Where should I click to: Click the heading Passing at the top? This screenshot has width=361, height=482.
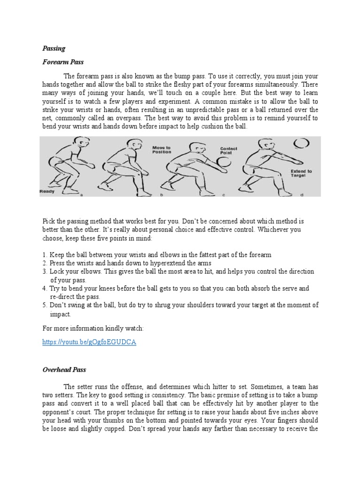(54, 48)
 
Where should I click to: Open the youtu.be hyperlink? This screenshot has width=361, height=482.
(89, 342)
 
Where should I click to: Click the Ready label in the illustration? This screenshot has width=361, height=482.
(47, 192)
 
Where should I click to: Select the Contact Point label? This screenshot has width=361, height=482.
(229, 151)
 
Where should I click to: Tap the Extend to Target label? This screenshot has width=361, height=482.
(301, 174)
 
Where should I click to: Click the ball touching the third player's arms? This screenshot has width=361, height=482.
(224, 162)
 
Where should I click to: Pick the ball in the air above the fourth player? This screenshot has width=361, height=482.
(300, 143)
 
